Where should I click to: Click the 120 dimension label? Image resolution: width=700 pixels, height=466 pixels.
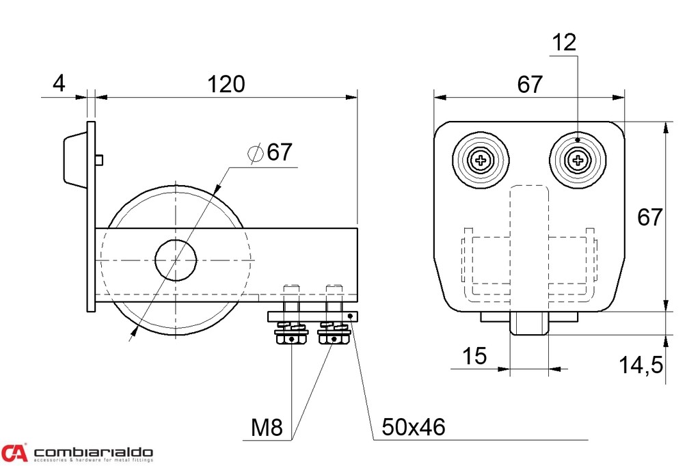click(x=226, y=84)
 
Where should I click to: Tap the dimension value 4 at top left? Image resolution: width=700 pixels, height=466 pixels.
click(x=59, y=83)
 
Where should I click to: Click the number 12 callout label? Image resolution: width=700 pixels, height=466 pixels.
click(x=564, y=42)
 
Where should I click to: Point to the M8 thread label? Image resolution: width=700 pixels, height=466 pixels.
click(x=267, y=427)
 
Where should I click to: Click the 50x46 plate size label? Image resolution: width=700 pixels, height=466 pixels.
click(x=414, y=427)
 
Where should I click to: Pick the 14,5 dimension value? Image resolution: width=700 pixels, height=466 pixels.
click(x=641, y=365)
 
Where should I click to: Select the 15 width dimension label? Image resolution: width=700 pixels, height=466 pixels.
click(x=474, y=356)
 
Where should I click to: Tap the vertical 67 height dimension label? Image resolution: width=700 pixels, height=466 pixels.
click(x=649, y=217)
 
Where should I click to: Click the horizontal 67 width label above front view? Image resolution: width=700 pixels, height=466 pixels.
click(x=530, y=84)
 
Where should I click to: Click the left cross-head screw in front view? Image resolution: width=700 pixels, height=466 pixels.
click(x=481, y=160)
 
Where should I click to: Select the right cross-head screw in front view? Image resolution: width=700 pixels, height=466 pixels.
click(x=578, y=160)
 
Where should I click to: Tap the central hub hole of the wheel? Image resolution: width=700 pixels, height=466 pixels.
click(x=176, y=260)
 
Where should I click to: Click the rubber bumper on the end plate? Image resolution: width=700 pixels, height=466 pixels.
click(x=75, y=159)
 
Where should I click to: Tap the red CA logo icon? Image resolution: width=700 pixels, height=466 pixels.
click(x=14, y=452)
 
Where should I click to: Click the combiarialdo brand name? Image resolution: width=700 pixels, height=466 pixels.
click(x=93, y=452)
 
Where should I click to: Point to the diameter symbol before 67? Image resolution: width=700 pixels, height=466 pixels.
click(x=256, y=153)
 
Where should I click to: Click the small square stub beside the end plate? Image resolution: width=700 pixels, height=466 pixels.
click(x=100, y=159)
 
